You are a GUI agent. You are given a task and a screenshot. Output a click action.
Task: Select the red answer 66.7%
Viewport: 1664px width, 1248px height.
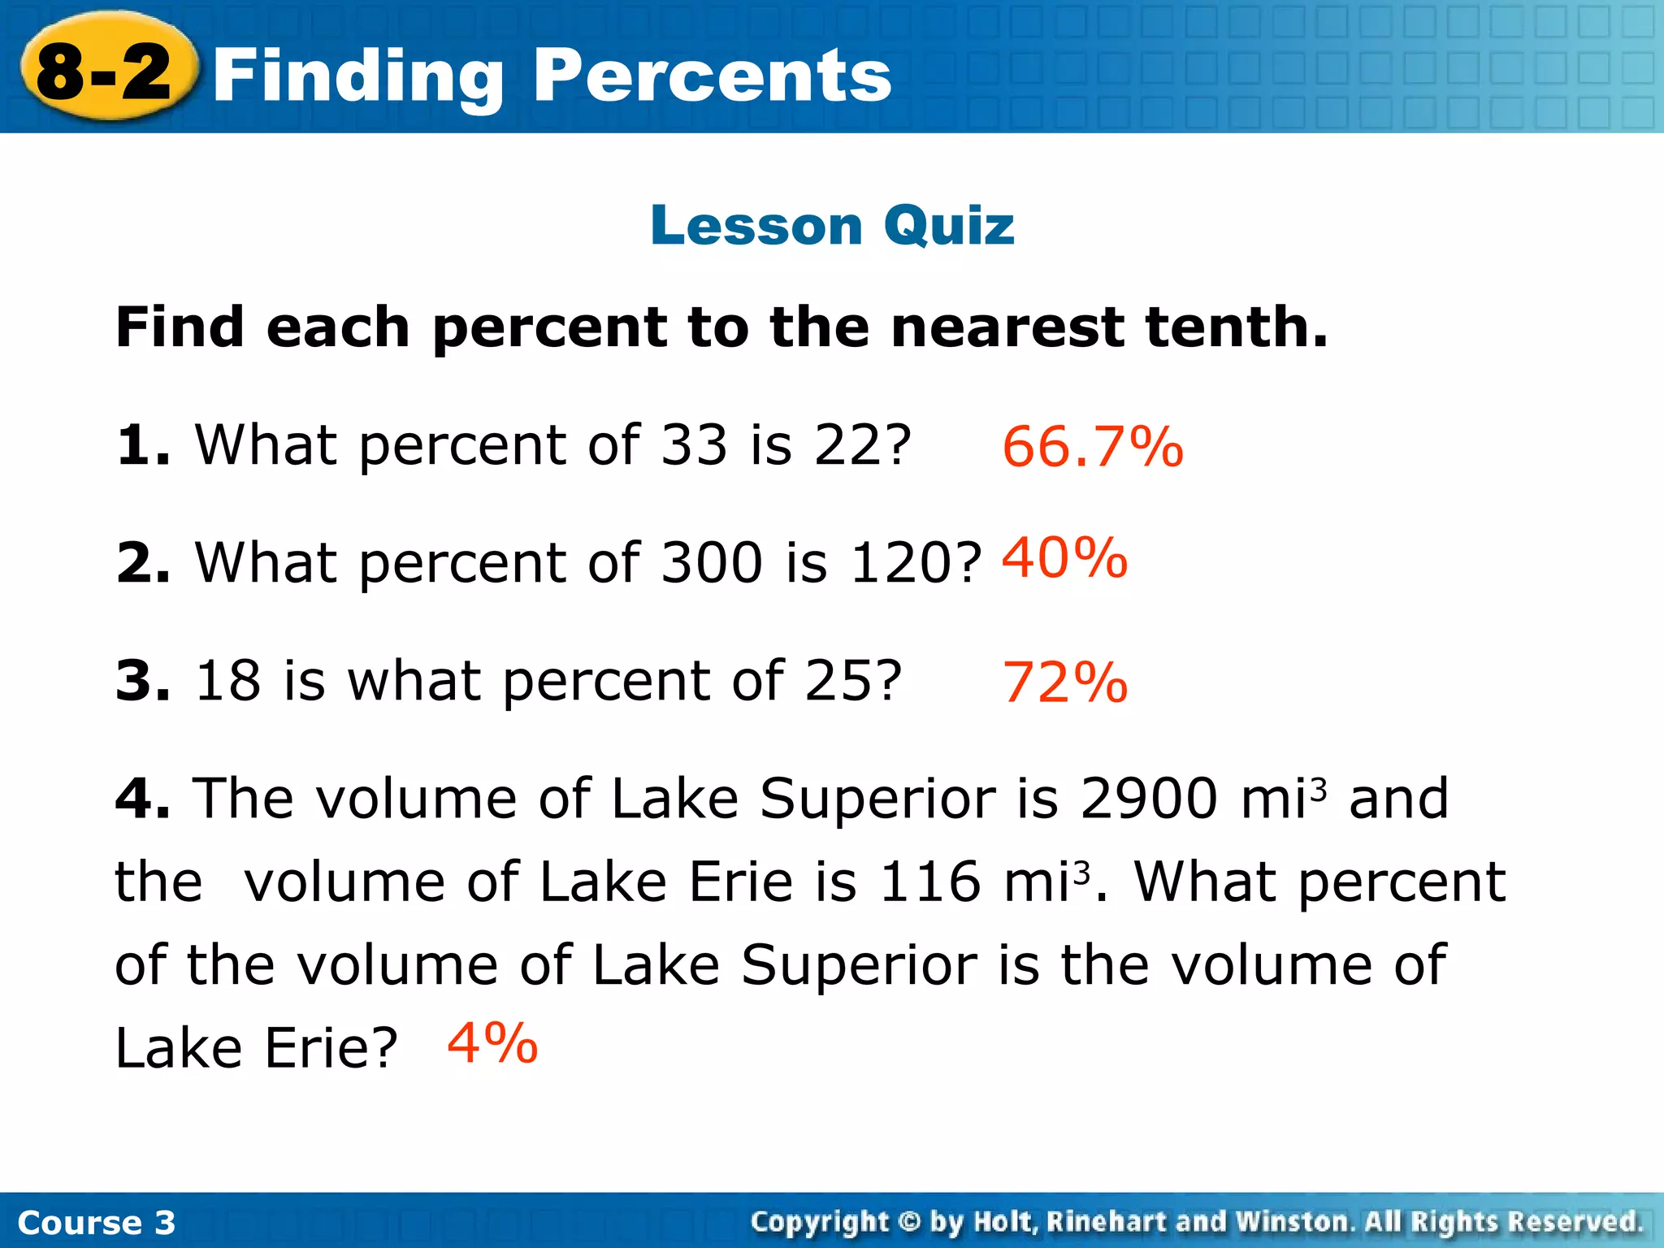pos(1092,447)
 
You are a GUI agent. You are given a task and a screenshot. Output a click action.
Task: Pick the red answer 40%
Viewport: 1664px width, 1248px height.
pos(1064,558)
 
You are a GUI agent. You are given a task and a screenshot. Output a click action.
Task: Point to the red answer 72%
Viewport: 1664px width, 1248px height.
pos(1064,682)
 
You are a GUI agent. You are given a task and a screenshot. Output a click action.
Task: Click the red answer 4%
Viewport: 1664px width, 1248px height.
pos(492,1043)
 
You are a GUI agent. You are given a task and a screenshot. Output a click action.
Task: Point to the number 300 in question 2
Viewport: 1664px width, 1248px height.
pos(712,563)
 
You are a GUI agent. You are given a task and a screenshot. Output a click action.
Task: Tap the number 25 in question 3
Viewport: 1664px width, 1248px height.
pos(835,681)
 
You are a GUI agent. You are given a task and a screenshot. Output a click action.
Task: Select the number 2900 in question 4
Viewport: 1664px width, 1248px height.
pos(1149,798)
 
